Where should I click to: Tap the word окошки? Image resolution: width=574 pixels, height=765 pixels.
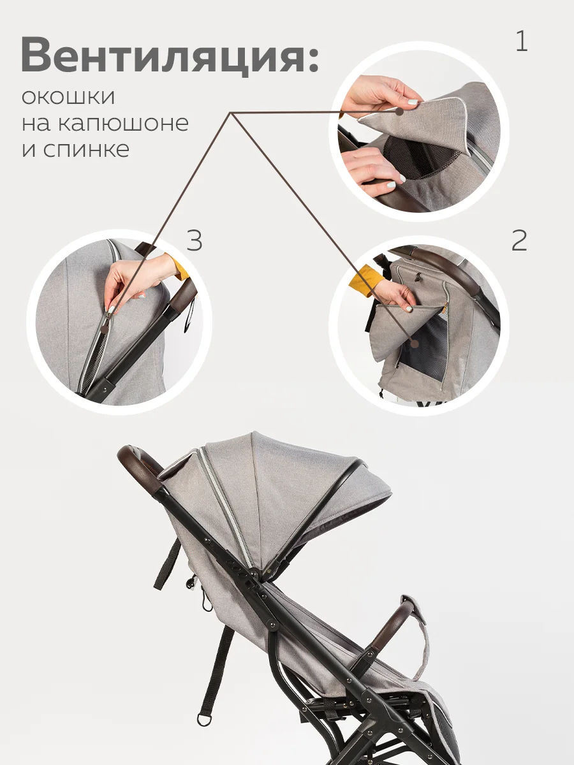68,96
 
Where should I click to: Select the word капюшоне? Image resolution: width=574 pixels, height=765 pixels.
123,123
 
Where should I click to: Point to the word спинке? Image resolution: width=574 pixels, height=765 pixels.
87,150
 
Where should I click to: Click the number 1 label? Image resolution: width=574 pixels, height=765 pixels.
522,41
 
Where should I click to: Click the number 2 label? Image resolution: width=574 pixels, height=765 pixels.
519,240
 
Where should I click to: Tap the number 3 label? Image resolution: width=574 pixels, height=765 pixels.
194,240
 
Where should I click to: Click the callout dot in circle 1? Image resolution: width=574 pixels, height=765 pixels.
400,112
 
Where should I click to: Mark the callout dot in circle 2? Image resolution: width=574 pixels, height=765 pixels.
415,344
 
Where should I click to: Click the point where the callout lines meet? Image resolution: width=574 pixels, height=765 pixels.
230,113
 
